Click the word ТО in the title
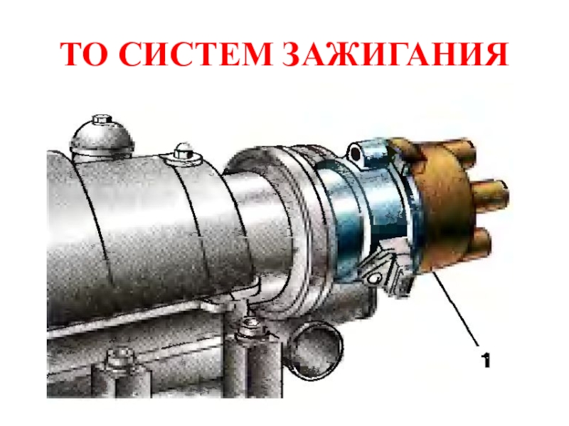[x=84, y=54]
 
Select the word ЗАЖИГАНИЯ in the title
[x=395, y=54]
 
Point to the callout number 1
[x=485, y=360]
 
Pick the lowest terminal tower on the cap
[x=481, y=240]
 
